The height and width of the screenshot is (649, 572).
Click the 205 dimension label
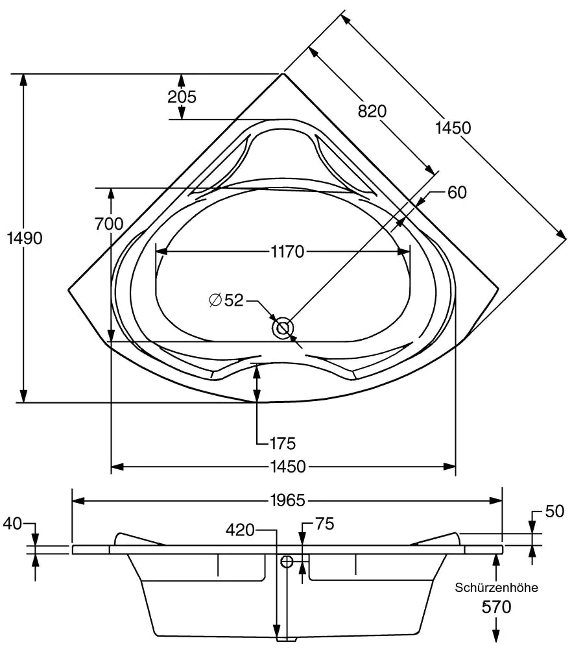(182, 97)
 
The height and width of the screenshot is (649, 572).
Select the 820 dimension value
(372, 112)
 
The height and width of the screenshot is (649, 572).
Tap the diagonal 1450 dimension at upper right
(453, 128)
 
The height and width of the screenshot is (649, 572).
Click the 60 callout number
(457, 192)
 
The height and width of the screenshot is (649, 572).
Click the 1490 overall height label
(25, 238)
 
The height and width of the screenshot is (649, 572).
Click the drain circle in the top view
(283, 328)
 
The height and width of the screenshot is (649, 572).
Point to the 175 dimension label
(283, 443)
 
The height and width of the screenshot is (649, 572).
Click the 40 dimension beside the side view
(13, 523)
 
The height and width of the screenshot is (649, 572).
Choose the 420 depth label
(241, 530)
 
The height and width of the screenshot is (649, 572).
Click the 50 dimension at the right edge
(554, 512)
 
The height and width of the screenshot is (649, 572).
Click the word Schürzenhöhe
(496, 588)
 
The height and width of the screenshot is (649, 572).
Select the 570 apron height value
(497, 607)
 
